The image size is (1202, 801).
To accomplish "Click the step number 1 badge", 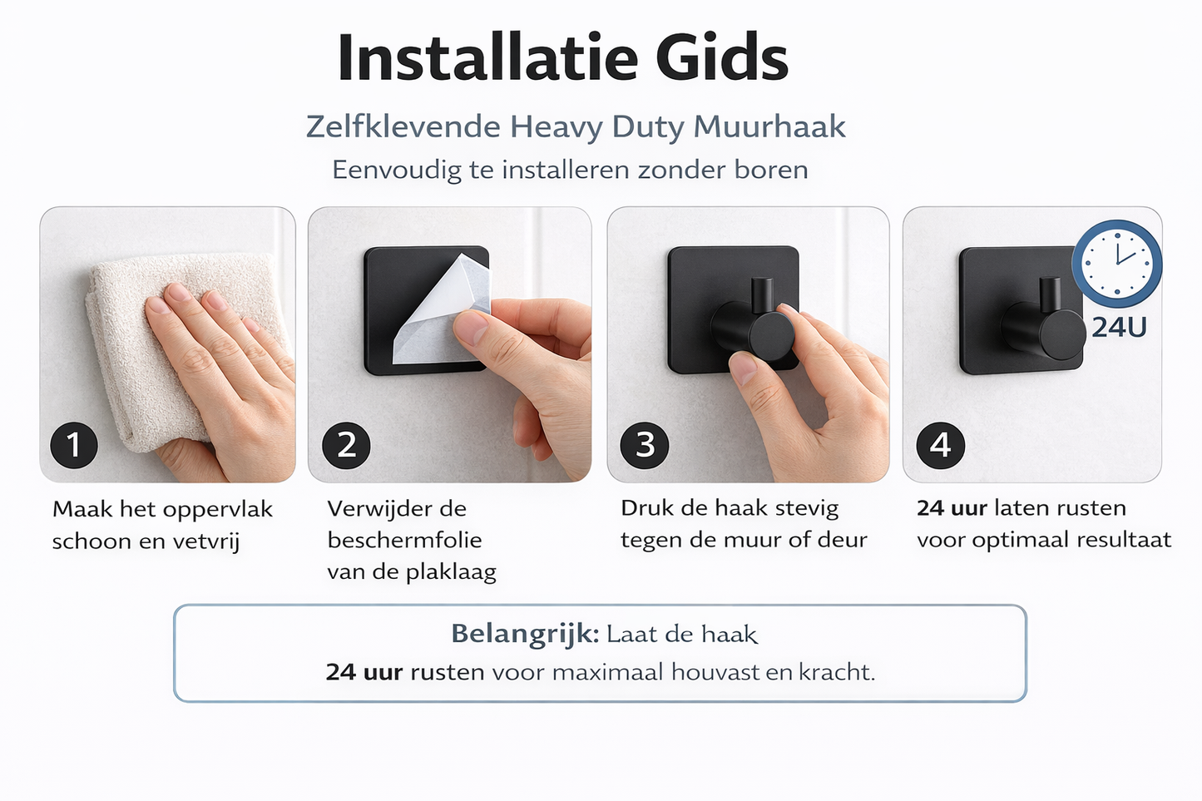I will coord(74,445).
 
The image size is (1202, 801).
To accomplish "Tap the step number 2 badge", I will coord(346,445).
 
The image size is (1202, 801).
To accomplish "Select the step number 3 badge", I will coord(645,445).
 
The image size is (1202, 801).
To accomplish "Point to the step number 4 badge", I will coord(940,445).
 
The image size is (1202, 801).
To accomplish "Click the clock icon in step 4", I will coord(1117,261).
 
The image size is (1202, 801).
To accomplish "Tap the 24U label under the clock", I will coord(1119,328).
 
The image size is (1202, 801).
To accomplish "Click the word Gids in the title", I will coord(721,58).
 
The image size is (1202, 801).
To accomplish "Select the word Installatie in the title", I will coord(487,58).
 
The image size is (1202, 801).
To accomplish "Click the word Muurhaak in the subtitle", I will coord(769,126).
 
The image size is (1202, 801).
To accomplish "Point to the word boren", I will coord(770,170).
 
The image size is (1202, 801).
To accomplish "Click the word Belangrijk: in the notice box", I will coord(525,634).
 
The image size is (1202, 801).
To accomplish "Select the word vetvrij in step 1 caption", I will coord(205,541).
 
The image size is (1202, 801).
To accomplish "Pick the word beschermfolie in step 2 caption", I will coord(404,540).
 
